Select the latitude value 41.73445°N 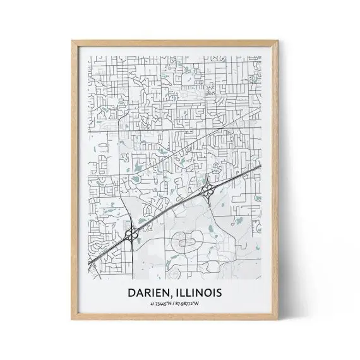[x=162, y=305]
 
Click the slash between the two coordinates [x=180, y=305]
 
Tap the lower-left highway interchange [x=132, y=234]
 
